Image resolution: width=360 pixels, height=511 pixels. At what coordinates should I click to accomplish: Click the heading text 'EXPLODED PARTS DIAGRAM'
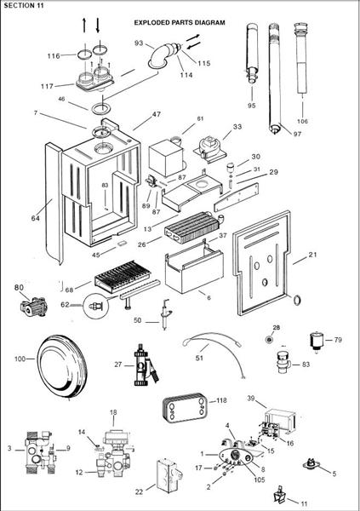180,23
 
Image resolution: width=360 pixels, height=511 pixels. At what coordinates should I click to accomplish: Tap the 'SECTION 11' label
24,5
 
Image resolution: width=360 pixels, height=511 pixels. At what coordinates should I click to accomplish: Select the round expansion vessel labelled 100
62,365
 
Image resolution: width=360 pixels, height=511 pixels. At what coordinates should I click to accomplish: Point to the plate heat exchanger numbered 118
185,408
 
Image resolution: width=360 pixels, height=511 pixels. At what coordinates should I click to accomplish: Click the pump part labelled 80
33,307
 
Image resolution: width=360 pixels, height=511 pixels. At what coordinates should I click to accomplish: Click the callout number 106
302,121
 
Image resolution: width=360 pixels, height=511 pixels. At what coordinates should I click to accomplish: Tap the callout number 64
35,218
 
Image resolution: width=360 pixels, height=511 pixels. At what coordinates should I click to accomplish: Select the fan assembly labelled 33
210,147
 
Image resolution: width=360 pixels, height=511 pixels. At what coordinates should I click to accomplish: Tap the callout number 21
312,255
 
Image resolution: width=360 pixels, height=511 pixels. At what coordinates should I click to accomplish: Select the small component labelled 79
315,340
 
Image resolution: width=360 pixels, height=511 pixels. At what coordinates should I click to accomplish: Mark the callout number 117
47,86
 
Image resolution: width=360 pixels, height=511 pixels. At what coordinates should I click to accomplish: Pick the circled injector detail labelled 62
96,306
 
